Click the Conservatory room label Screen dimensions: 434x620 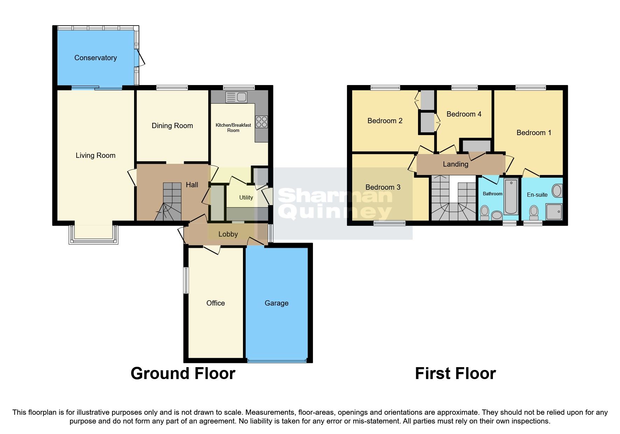pos(95,58)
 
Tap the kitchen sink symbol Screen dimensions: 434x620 pos(237,97)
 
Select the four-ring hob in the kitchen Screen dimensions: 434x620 pos(262,122)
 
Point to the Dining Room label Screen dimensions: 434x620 pos(172,126)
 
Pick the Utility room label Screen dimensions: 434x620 pos(246,197)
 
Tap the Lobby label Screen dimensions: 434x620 pos(228,234)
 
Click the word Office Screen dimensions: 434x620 pos(215,303)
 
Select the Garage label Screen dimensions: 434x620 pos(276,303)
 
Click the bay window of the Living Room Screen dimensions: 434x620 pos(93,234)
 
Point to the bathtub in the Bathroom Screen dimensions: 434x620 pos(511,196)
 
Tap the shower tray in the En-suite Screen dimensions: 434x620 pos(553,212)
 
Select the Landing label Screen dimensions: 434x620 pos(455,164)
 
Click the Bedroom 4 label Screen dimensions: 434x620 pos(464,114)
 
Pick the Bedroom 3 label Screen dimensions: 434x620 pos(383,187)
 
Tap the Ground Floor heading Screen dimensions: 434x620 pos(183,373)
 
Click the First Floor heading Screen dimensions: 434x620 pos(455,373)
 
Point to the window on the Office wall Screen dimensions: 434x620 pos(186,280)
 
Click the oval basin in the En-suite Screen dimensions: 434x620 pos(557,191)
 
